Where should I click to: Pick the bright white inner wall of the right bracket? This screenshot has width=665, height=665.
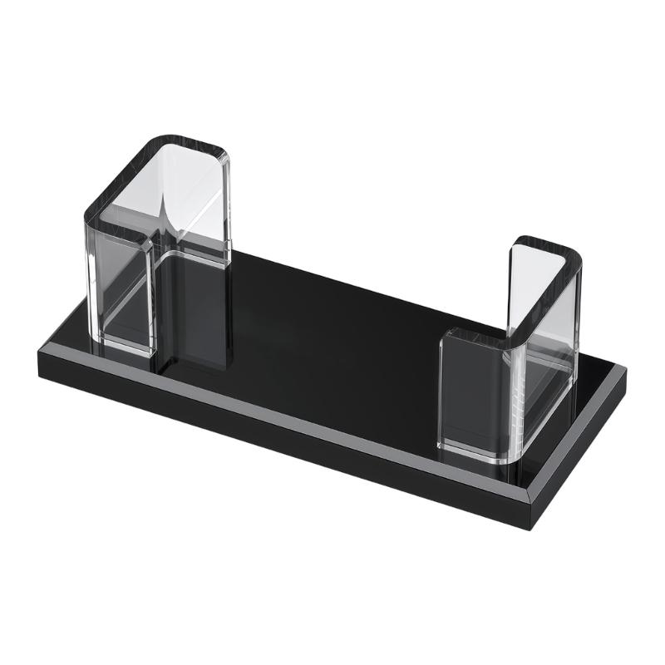coord(532,291)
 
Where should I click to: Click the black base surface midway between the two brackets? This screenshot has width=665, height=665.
coord(332,332)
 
